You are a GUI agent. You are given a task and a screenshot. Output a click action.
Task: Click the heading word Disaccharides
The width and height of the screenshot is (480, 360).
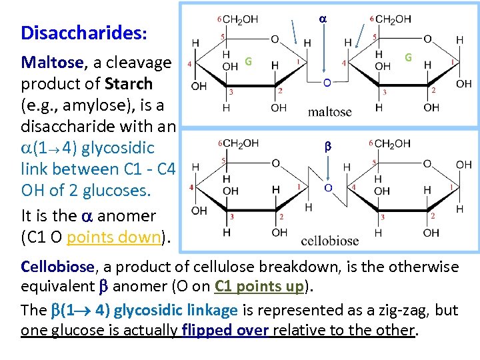pos(84,33)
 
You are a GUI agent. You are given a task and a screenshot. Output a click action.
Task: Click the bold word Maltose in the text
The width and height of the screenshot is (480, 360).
pos(53,63)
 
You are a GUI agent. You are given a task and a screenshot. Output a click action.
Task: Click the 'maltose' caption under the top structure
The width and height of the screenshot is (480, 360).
pos(329,112)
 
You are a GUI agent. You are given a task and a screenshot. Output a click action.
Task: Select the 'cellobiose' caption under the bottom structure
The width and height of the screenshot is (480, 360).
pos(330,241)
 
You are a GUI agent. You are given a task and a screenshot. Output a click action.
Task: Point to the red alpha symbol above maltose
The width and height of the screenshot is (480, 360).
pos(322,21)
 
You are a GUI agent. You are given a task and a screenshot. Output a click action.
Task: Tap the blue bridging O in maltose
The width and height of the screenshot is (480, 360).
pos(326,82)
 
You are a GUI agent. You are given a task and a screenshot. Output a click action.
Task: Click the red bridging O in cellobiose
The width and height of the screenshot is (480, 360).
pos(327,188)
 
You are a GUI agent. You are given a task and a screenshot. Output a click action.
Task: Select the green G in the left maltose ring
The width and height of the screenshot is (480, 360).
pos(247,61)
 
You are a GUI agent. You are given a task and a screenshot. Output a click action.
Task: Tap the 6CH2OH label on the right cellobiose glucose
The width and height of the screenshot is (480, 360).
pos(389,144)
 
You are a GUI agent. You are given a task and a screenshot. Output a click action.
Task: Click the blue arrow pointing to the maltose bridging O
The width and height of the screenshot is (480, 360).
pos(322,51)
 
